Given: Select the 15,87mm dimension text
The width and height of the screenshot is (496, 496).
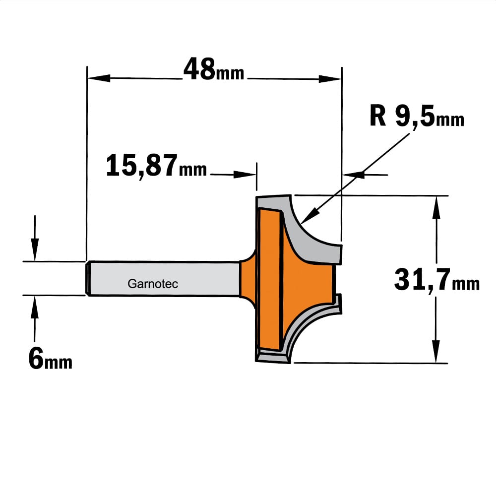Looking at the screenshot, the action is pos(156,166).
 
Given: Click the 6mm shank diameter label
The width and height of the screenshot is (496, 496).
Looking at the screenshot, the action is pos(50,359).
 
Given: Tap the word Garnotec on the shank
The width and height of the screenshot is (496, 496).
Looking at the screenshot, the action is pos(153,284).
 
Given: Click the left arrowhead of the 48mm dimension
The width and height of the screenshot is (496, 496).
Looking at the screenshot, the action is pos(99,78).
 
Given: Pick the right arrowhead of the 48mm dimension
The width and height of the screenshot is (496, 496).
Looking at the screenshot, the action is pos(330,79).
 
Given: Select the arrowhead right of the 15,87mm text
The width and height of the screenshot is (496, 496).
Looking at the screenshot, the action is pos(245,174).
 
